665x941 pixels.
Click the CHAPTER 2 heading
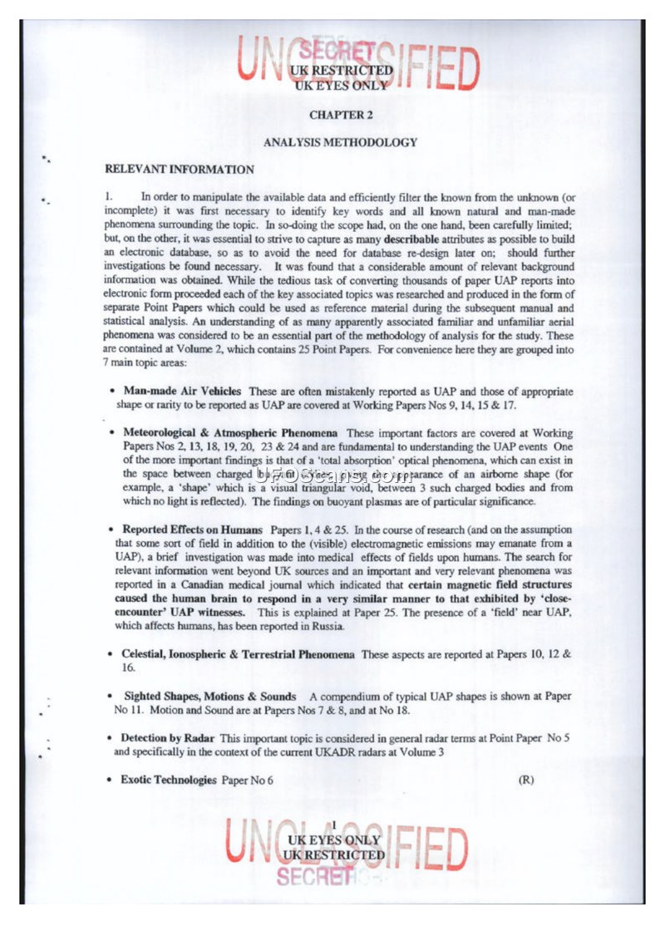(340, 115)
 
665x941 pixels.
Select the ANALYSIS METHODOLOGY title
(340, 142)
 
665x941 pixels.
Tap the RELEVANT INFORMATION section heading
(179, 170)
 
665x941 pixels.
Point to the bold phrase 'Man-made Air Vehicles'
(182, 391)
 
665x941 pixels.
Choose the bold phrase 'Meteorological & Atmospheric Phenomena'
(230, 433)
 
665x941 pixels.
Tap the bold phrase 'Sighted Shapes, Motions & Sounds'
(209, 696)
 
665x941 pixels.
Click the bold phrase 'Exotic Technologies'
(170, 780)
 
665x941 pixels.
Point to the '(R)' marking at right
(525, 780)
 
